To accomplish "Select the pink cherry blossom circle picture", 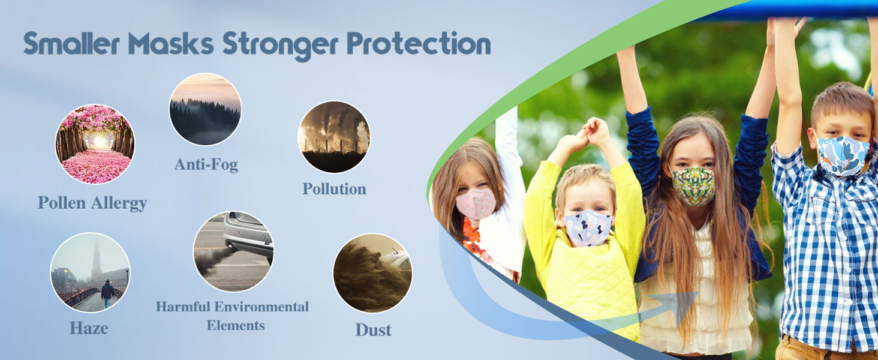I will coord(95,144).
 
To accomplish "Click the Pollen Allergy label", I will coord(92,203).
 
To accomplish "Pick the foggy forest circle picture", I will coord(205,109).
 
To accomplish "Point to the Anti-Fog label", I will coord(206,164).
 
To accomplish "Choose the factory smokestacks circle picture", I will coord(334,137).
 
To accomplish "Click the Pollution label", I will coord(334,188).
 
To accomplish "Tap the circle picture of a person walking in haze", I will coord(90,272).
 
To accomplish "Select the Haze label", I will coord(89,328).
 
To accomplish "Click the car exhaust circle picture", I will coord(233,251).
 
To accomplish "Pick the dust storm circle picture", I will coord(372,273).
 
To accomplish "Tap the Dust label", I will coord(373,329).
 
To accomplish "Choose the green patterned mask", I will coord(693,186).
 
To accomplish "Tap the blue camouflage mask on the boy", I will coord(843,155).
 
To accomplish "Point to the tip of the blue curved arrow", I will coord(696,294).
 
